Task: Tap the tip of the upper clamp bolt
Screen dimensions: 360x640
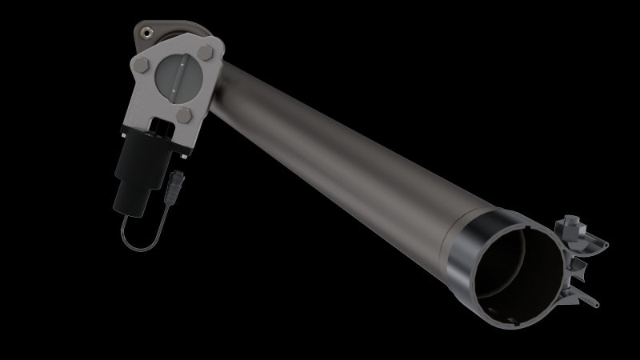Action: pos(606,240)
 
